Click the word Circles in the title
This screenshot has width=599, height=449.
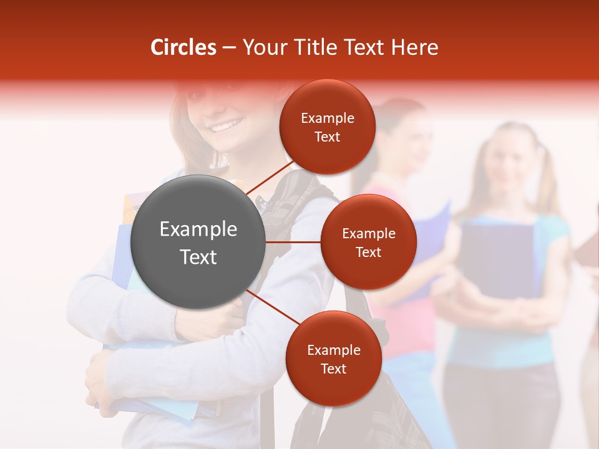click(183, 47)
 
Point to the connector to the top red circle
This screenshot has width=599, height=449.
click(270, 176)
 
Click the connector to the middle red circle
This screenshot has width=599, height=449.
click(293, 242)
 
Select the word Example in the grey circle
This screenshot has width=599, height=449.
click(198, 229)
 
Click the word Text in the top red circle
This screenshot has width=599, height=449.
click(327, 137)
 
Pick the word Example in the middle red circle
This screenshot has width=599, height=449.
click(368, 234)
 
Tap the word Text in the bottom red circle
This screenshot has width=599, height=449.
click(333, 369)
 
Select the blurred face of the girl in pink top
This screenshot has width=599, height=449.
click(409, 137)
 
